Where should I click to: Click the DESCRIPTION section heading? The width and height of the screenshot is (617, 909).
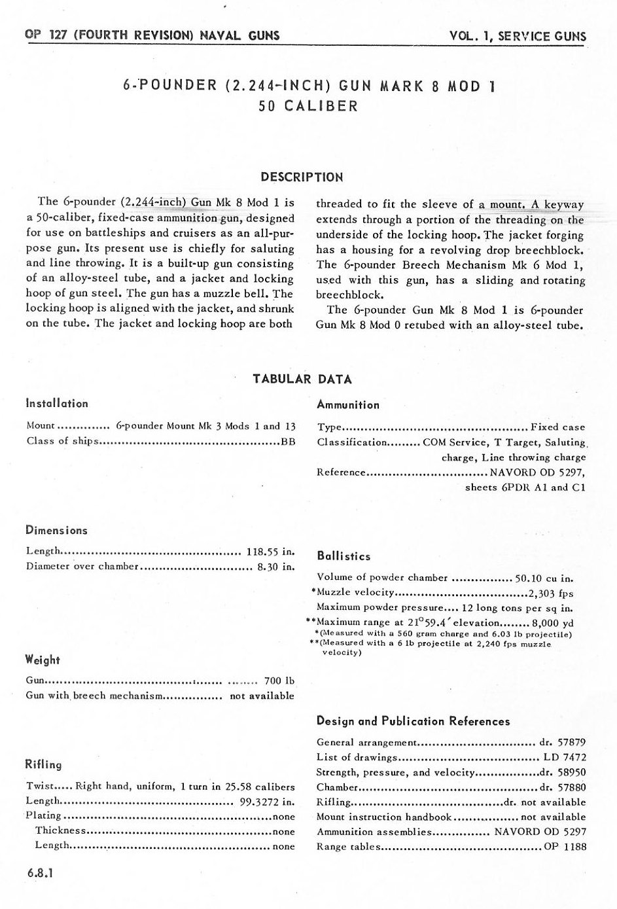click(302, 177)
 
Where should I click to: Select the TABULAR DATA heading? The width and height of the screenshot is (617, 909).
click(302, 379)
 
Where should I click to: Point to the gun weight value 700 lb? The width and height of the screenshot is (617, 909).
click(279, 681)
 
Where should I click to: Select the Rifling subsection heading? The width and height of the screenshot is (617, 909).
click(43, 764)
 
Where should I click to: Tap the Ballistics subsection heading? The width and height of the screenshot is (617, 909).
click(344, 556)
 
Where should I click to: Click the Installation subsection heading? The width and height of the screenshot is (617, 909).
click(57, 404)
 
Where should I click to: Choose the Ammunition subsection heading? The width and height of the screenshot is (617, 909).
click(348, 405)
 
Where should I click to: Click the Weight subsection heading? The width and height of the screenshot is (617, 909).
click(43, 660)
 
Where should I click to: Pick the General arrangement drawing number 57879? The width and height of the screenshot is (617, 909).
click(571, 742)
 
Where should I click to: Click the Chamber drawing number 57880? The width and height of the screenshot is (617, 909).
click(571, 787)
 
